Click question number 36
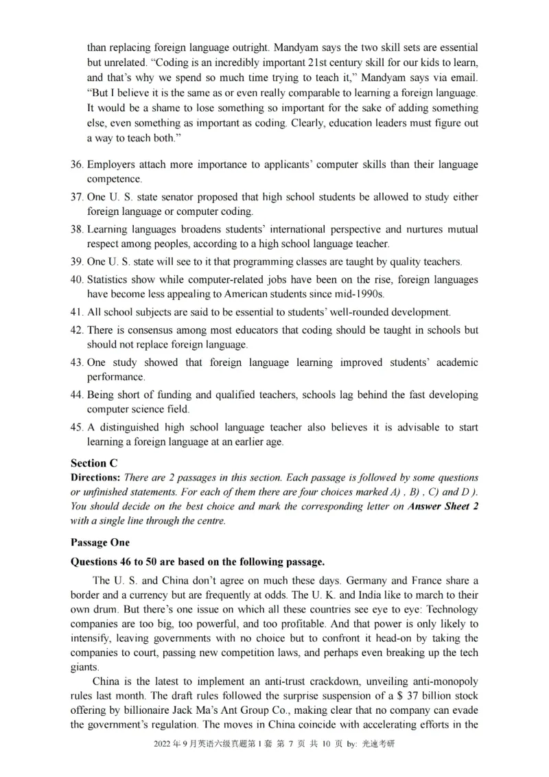(77, 165)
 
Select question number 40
(77, 280)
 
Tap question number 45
(77, 427)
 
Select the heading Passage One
(100, 542)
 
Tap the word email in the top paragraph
(464, 78)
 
